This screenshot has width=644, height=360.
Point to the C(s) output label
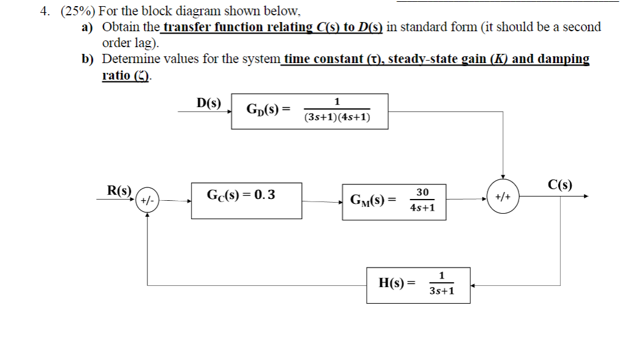point(560,185)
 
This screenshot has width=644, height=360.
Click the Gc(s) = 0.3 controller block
point(246,200)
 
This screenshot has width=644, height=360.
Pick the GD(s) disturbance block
point(309,111)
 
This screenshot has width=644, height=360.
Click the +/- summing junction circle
point(148,200)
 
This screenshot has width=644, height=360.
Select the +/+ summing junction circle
point(503,197)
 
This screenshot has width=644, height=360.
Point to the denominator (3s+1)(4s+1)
point(337,118)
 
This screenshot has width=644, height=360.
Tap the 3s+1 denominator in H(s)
point(441,291)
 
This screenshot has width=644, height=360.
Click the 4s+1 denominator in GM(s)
point(422,208)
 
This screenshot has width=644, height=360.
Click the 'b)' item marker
point(89,59)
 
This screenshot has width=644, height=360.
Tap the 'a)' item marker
point(89,27)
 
